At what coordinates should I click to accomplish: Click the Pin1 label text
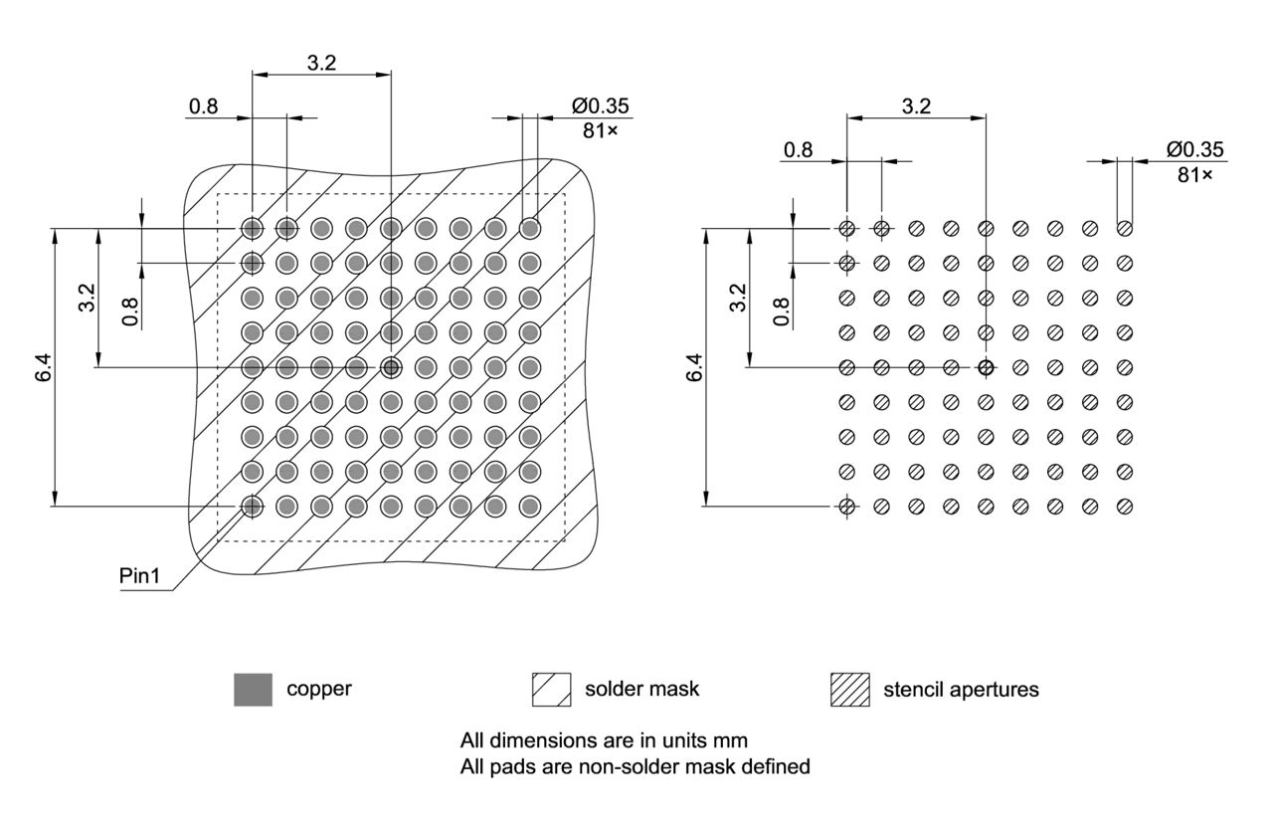pyautogui.click(x=140, y=576)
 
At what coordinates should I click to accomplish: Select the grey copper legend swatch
pyautogui.click(x=253, y=690)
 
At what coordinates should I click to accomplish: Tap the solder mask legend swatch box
pyautogui.click(x=552, y=690)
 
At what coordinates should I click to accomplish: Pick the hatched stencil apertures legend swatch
pyautogui.click(x=849, y=690)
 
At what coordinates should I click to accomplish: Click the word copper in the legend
pyautogui.click(x=319, y=689)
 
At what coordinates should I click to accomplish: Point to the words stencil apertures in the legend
pyautogui.click(x=961, y=689)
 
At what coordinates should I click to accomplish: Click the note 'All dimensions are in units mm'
pyautogui.click(x=604, y=740)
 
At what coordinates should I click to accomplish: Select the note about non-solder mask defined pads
pyautogui.click(x=636, y=766)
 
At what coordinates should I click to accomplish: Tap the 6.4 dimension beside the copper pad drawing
pyautogui.click(x=43, y=367)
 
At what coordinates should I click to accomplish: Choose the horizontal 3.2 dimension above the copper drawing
pyautogui.click(x=321, y=63)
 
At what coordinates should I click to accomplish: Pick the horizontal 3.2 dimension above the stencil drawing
pyautogui.click(x=916, y=105)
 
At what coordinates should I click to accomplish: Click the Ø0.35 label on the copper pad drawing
pyautogui.click(x=600, y=106)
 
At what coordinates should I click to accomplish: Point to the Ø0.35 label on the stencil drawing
pyautogui.click(x=1195, y=149)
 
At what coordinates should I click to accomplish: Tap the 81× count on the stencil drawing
pyautogui.click(x=1195, y=174)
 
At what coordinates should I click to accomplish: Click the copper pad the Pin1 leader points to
pyautogui.click(x=253, y=507)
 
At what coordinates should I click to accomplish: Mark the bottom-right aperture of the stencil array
pyautogui.click(x=1125, y=507)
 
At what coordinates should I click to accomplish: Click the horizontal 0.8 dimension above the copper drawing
pyautogui.click(x=204, y=106)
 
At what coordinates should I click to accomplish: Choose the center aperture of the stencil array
pyautogui.click(x=986, y=367)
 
